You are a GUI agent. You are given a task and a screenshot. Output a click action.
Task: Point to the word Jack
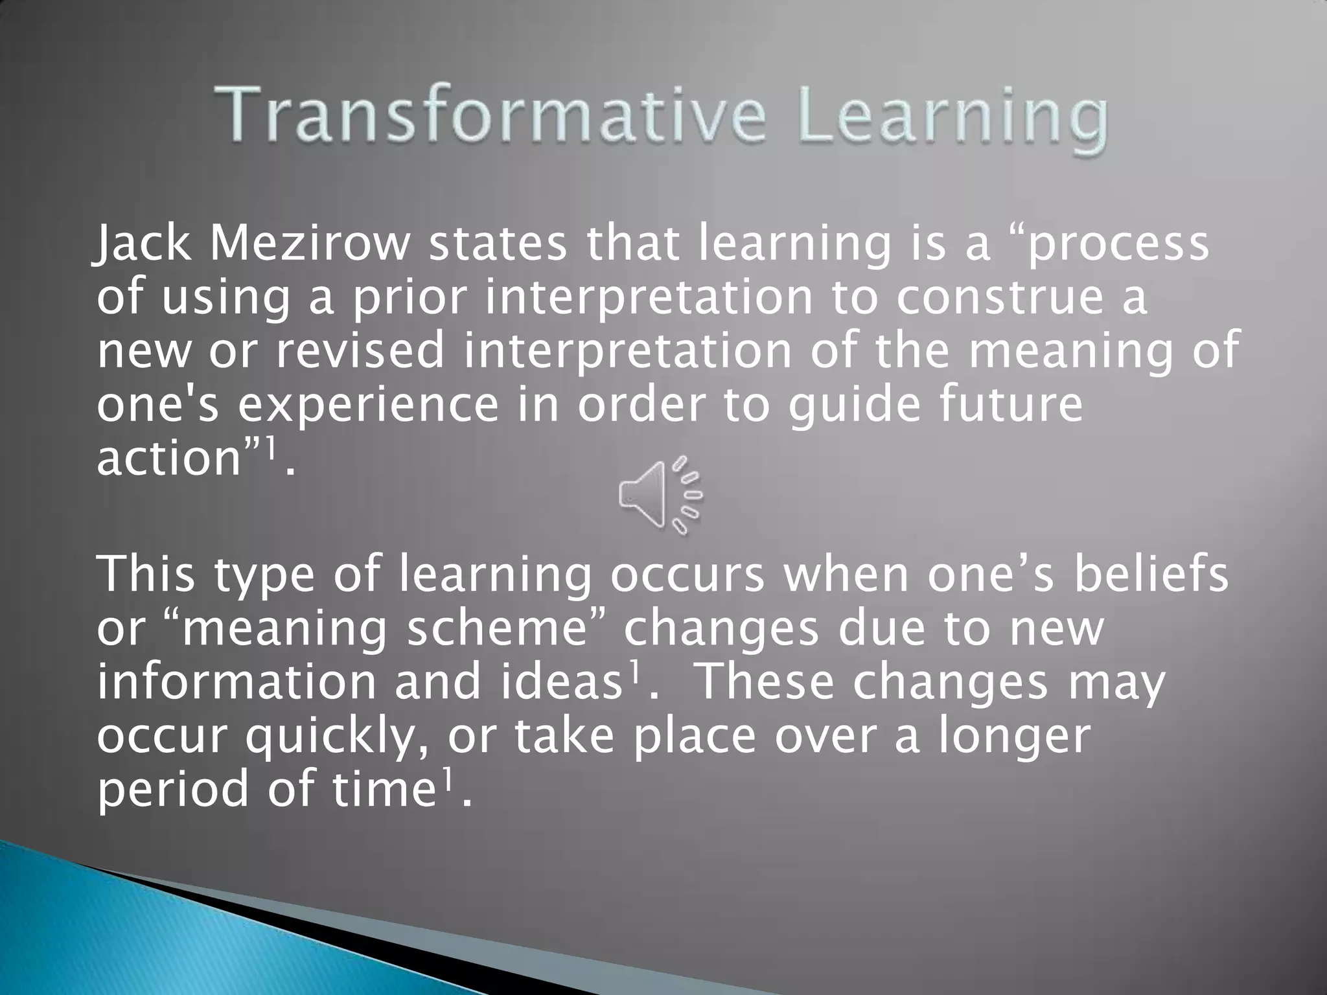[142, 245]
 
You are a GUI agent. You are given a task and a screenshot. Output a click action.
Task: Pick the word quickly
[336, 737]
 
